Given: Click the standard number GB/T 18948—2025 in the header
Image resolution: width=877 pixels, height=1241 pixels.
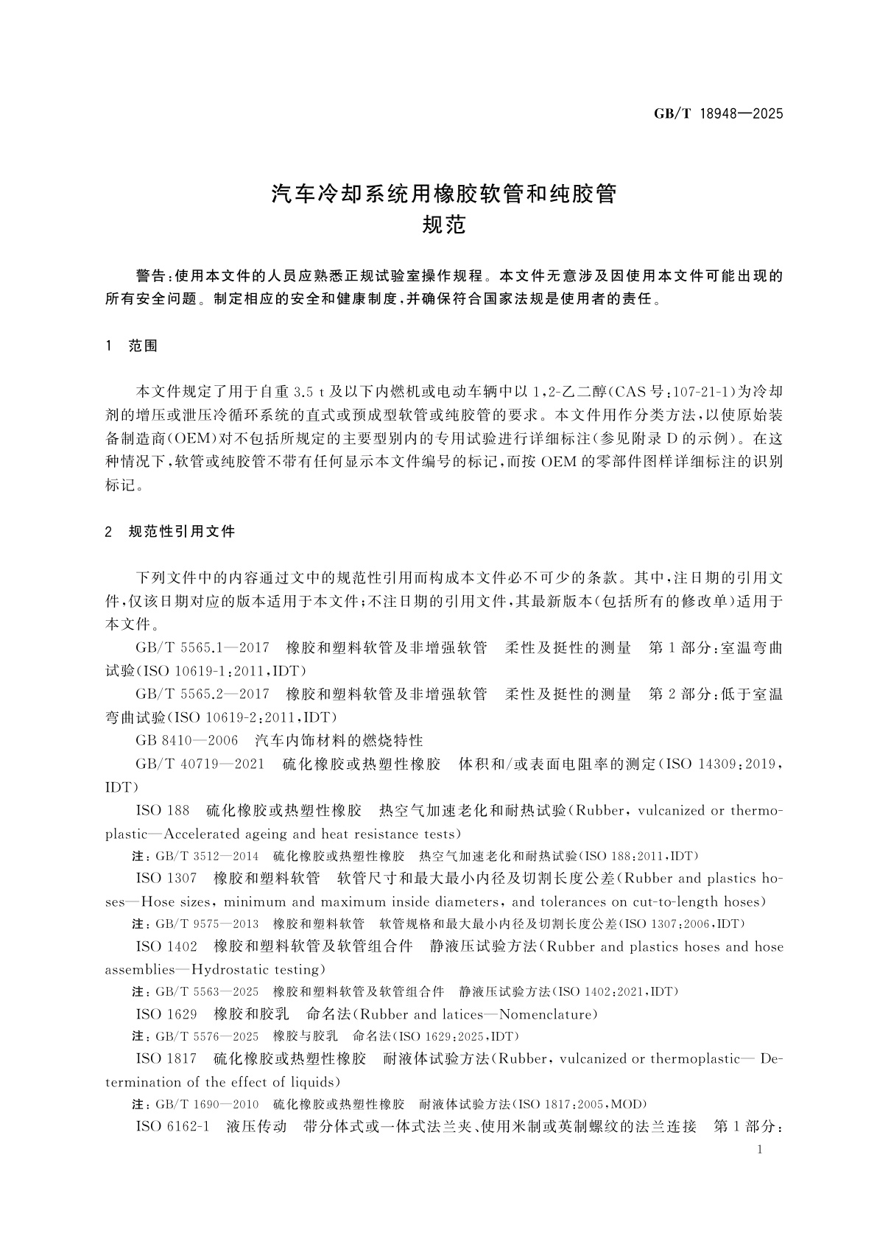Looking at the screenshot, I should click(718, 113).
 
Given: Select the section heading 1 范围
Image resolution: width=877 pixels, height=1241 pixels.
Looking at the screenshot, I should click(133, 345).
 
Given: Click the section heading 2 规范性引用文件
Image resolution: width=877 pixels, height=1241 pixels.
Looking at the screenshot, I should click(170, 531).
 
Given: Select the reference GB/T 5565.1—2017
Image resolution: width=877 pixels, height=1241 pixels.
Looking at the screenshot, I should click(202, 648).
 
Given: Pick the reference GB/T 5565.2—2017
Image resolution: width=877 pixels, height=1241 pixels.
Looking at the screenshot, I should click(202, 694).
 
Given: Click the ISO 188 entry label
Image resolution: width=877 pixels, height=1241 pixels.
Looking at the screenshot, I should click(163, 810).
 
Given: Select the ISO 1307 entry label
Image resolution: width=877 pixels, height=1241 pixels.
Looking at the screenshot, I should click(166, 878).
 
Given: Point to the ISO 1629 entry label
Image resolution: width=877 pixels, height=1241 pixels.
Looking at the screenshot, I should click(166, 1014).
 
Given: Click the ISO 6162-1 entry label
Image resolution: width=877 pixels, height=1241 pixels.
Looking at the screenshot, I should click(173, 1127).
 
